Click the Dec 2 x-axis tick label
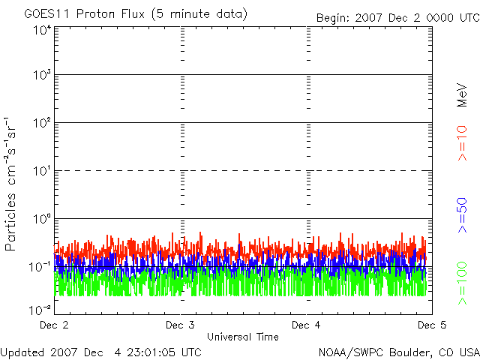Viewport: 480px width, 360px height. (54, 325)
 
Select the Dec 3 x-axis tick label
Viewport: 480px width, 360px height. (181, 325)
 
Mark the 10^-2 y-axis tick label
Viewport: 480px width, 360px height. (40, 308)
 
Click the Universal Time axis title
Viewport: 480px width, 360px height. (242, 337)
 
